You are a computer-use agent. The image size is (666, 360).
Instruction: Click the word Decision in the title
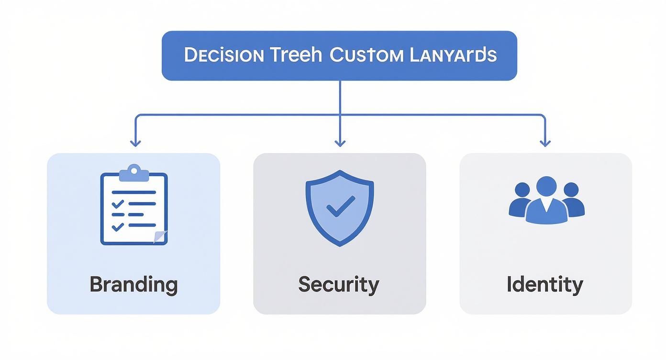point(223,55)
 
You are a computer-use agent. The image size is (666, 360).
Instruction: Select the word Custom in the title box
point(366,55)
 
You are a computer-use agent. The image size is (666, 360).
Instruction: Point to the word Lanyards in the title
point(453,55)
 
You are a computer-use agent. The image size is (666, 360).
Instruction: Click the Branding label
point(133,284)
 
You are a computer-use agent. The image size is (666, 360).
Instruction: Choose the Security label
point(339,284)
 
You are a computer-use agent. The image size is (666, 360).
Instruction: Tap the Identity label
point(545,284)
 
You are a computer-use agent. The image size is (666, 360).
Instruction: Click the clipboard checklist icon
point(134,206)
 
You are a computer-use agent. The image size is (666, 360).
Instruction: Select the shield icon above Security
point(340,208)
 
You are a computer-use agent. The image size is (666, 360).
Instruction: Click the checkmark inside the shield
point(340,206)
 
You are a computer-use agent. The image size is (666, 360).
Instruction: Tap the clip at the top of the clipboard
point(134,172)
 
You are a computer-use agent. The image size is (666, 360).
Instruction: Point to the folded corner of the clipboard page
point(160,236)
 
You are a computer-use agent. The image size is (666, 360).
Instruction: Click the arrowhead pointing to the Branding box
point(135,143)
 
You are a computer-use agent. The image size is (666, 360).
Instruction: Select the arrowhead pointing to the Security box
point(340,143)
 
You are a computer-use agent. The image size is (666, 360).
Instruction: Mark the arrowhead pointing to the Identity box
point(545,143)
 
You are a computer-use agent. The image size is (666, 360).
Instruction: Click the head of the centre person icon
point(546,186)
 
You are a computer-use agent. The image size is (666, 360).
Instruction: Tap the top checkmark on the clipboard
point(117,204)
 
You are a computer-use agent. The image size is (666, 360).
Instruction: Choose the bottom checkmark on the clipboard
point(117,226)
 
